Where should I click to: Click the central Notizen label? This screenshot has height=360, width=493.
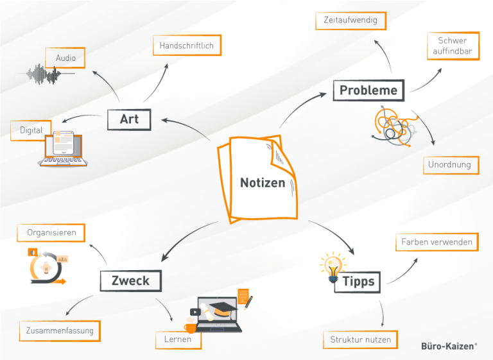coord(263,183)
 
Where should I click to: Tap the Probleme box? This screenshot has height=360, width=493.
coord(368,90)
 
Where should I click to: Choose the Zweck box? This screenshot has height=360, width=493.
coord(130,280)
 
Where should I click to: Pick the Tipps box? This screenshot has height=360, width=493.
coord(358,282)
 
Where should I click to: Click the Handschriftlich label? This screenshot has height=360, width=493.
coord(187,46)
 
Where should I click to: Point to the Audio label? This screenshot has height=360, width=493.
coord(65,58)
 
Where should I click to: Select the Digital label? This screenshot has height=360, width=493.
coord(31,130)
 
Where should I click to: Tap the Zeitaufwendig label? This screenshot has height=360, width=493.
coord(350,21)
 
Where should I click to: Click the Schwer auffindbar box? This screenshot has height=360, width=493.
coord(453,46)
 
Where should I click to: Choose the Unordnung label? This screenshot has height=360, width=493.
coord(449,165)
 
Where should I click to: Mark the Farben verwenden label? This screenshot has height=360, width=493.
coord(437,242)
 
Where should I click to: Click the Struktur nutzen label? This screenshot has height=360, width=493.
coord(360,339)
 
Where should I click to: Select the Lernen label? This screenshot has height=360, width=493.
coord(178,339)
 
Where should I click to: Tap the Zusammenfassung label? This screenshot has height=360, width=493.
coord(60,331)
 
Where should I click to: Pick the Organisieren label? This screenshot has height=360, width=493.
coord(51,232)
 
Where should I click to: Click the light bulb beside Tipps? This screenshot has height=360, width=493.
coord(333,268)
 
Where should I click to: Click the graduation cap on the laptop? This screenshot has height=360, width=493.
coord(223,308)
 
